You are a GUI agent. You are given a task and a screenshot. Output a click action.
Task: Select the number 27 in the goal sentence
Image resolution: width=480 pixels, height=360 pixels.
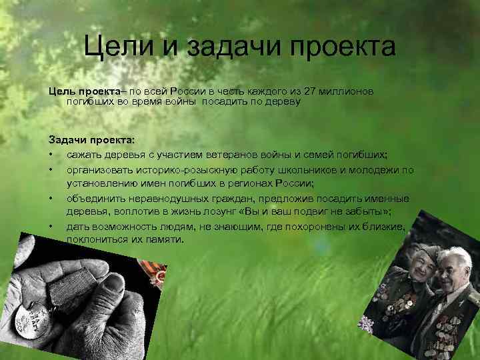coord(309,91)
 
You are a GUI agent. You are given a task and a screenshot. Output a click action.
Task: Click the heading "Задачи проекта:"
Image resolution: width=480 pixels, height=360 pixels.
coord(91,141)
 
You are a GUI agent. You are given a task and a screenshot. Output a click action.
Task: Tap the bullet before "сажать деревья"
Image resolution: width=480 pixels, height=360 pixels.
coord(51,155)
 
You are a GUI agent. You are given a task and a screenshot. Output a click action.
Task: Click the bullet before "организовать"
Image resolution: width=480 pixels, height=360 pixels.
coord(51,169)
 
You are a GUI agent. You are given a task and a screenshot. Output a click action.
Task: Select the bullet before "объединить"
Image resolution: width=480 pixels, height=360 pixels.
coord(51,199)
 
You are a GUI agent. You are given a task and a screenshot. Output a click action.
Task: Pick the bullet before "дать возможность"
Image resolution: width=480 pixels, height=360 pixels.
coord(51,227)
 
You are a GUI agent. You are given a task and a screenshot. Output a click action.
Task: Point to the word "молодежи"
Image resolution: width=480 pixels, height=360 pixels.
coord(377,169)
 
